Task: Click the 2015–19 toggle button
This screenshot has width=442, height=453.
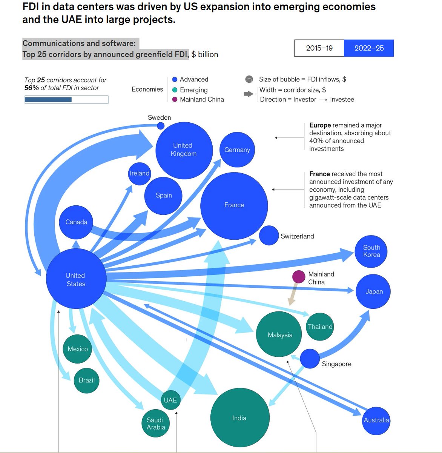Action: tap(319, 48)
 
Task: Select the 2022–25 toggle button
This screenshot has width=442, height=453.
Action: tap(369, 48)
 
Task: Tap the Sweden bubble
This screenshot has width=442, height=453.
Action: tap(161, 126)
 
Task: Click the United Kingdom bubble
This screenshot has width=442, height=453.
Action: tap(184, 150)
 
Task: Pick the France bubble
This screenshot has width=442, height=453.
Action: tap(234, 206)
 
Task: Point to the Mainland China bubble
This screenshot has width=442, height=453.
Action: tap(299, 277)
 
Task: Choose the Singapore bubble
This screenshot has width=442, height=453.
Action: tap(310, 359)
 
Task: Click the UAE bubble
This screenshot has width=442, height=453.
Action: tap(170, 400)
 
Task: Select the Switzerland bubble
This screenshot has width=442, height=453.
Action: tap(269, 235)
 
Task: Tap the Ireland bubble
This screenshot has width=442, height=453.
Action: tap(140, 174)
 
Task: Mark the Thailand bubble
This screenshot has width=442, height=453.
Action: tap(320, 327)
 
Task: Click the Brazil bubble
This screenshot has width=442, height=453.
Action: tap(87, 380)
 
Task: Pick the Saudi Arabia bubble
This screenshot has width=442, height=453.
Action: tap(156, 424)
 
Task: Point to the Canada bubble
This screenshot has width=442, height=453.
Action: tap(76, 222)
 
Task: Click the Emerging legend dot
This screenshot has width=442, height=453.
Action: tap(175, 90)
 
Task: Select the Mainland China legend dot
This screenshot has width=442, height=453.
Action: tap(175, 99)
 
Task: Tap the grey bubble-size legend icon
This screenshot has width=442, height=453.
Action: tap(249, 79)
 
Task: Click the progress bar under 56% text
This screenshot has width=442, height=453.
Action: tap(66, 100)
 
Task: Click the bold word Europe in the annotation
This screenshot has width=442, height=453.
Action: tap(320, 125)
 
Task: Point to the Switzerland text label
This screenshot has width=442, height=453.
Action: tap(297, 236)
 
